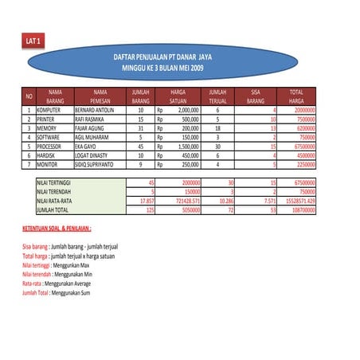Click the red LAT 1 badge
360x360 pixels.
(x=33, y=40)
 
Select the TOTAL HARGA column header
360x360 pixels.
(x=296, y=97)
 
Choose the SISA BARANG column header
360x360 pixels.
(x=255, y=97)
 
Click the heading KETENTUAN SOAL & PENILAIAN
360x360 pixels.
(x=63, y=229)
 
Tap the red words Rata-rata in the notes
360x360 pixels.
(x=32, y=283)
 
